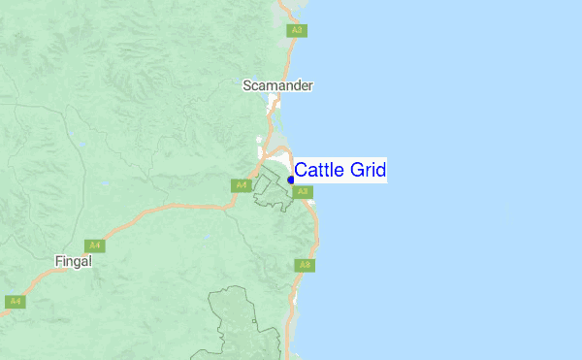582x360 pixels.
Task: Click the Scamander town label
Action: [277, 85]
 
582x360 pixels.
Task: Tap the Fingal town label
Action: [73, 260]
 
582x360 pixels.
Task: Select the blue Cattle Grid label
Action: [340, 171]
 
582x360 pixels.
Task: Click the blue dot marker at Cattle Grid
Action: [291, 180]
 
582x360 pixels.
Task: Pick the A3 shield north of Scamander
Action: [297, 31]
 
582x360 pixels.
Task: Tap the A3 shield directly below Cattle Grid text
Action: [303, 192]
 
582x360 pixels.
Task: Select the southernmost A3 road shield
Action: [305, 265]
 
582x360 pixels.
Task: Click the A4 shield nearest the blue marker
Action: [241, 185]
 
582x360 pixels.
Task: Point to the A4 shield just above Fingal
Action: [93, 245]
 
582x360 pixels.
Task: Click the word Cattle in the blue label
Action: [318, 171]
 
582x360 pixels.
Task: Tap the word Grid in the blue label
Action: [368, 171]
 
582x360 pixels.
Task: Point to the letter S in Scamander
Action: [246, 85]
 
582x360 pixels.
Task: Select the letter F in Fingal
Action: [57, 260]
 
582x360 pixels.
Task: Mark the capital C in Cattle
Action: [301, 171]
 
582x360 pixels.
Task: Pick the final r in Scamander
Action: [310, 86]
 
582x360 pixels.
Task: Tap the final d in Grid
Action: [381, 171]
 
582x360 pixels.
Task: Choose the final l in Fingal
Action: [90, 260]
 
